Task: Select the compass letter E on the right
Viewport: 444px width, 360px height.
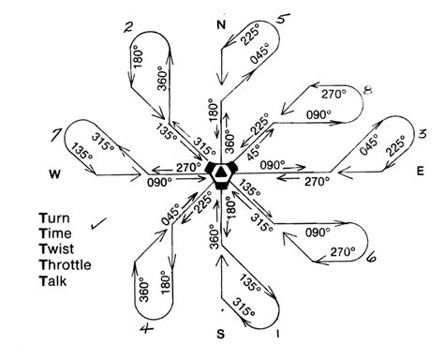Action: click(422, 172)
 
